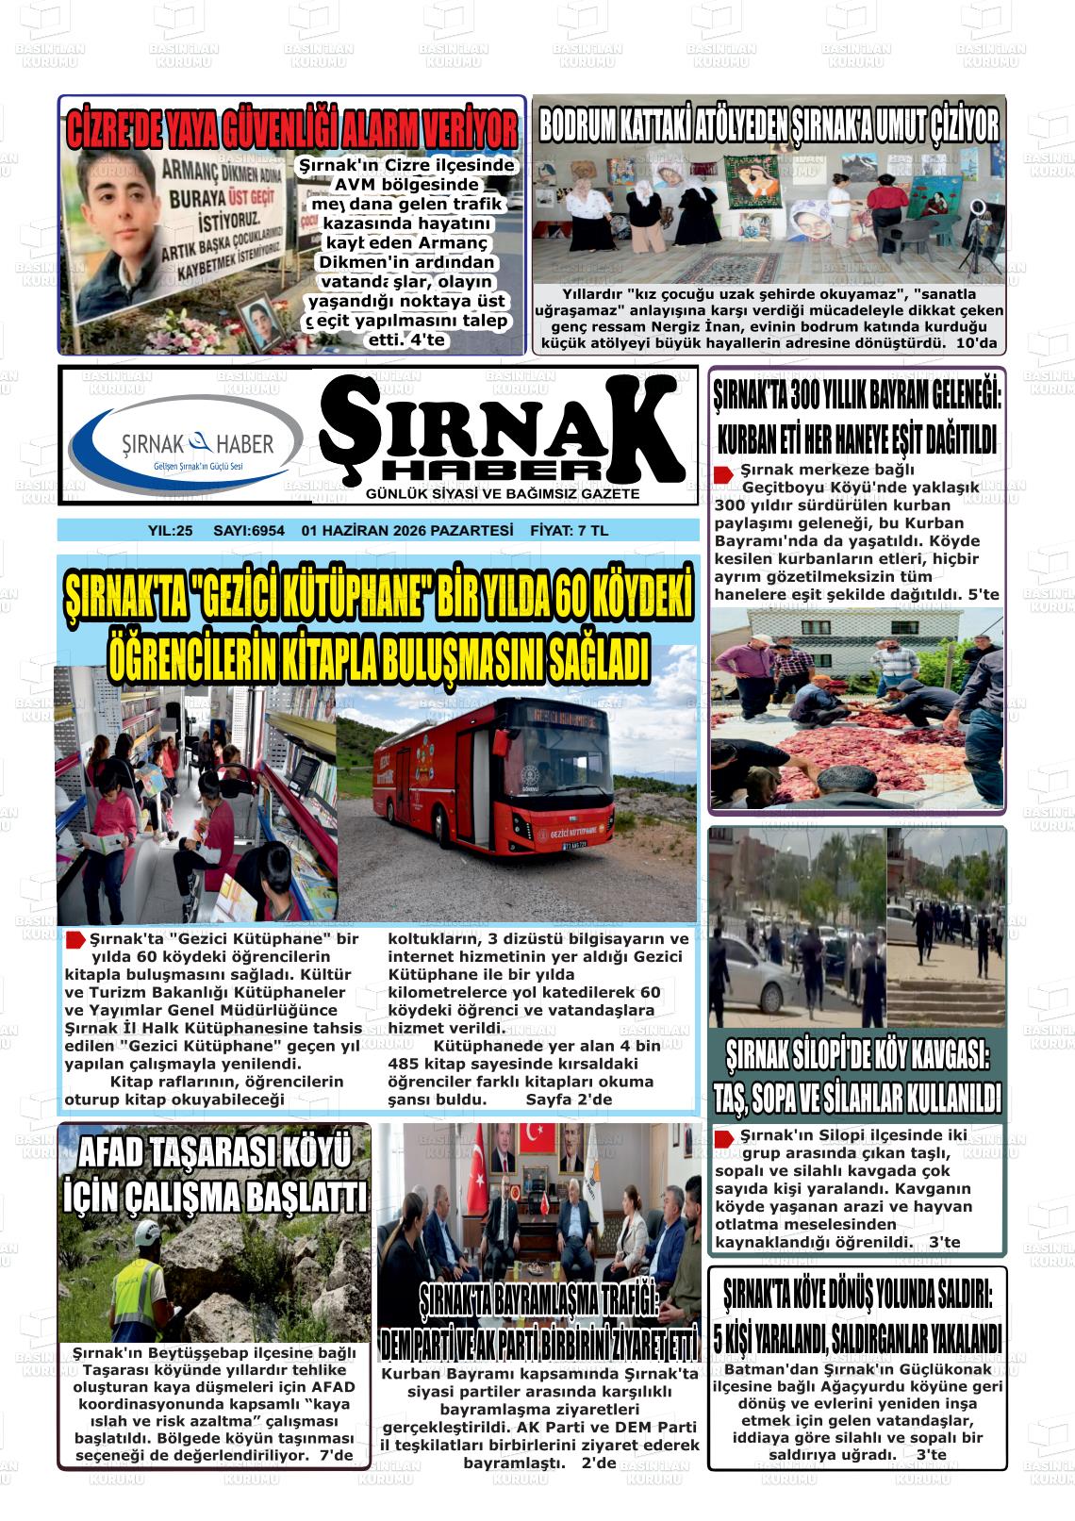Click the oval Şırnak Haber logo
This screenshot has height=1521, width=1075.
(186, 445)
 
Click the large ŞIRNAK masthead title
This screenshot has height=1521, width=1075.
(502, 429)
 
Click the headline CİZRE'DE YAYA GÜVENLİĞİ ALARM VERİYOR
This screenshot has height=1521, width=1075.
(292, 129)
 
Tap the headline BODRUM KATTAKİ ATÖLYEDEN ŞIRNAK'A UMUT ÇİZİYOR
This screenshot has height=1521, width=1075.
(768, 125)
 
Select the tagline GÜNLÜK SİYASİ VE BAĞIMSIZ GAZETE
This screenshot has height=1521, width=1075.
(502, 494)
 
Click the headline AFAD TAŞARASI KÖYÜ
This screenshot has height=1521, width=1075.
(214, 1152)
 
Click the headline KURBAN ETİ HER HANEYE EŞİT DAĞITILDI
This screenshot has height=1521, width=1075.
(857, 438)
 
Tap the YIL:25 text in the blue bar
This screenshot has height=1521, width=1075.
(170, 531)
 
